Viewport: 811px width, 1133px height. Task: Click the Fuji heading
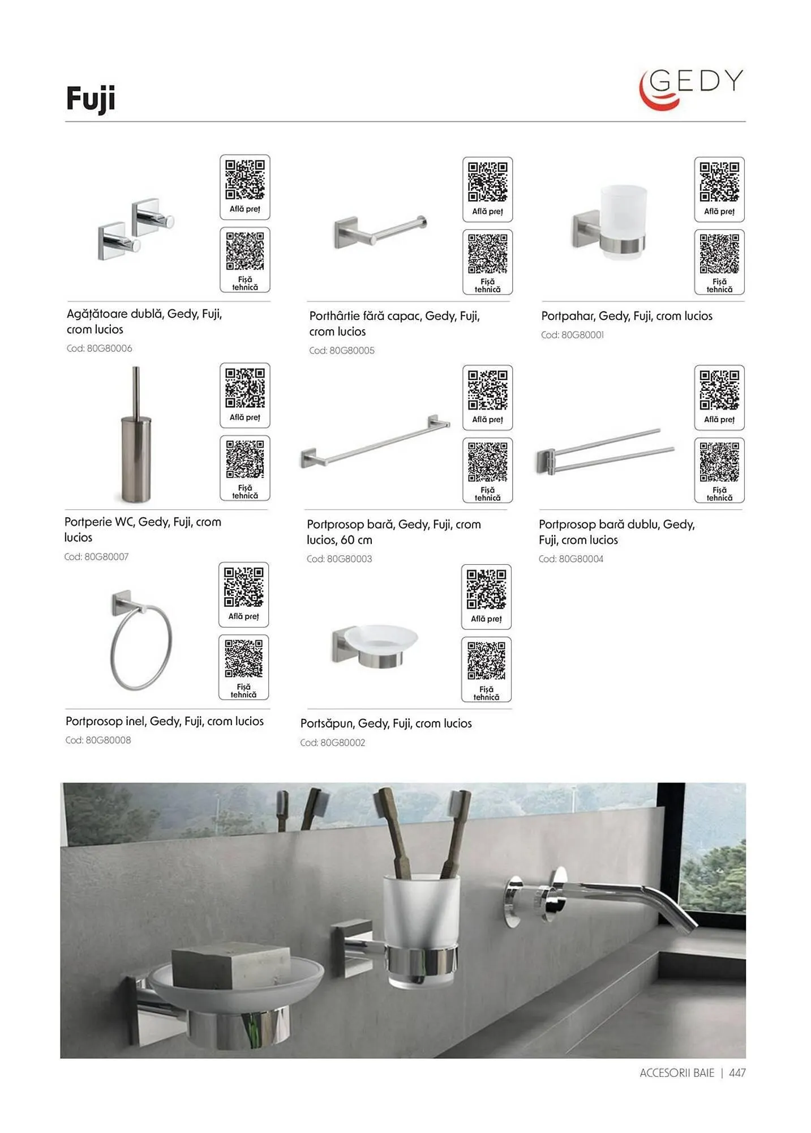(x=91, y=99)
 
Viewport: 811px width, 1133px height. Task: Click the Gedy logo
(x=691, y=89)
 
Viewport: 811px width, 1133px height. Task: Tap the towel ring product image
(x=141, y=641)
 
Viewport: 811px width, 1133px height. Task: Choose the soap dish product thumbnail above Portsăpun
(x=375, y=646)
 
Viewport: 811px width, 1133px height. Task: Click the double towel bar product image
(x=605, y=451)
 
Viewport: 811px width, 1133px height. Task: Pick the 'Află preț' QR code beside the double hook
(x=245, y=187)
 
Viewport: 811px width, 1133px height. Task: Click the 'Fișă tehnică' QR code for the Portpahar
(x=719, y=262)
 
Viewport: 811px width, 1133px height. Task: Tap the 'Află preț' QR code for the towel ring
(x=244, y=595)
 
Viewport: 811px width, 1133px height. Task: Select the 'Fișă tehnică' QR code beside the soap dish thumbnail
(x=487, y=670)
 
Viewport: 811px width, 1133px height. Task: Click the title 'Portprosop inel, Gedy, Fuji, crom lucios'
(x=165, y=721)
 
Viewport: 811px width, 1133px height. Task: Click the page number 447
(x=737, y=1073)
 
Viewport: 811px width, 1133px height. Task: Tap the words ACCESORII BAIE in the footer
(x=677, y=1073)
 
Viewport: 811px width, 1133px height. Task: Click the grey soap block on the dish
(x=231, y=968)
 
